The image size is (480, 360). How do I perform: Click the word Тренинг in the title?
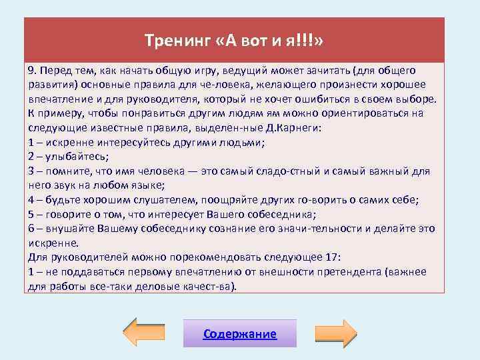(177, 41)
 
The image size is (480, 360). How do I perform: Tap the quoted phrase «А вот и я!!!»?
(270, 41)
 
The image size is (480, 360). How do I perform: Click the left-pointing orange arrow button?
(145, 333)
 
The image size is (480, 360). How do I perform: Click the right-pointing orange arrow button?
(336, 333)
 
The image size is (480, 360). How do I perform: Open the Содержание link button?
(239, 333)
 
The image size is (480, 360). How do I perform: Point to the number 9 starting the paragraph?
(31, 70)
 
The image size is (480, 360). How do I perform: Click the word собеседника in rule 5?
(280, 214)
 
